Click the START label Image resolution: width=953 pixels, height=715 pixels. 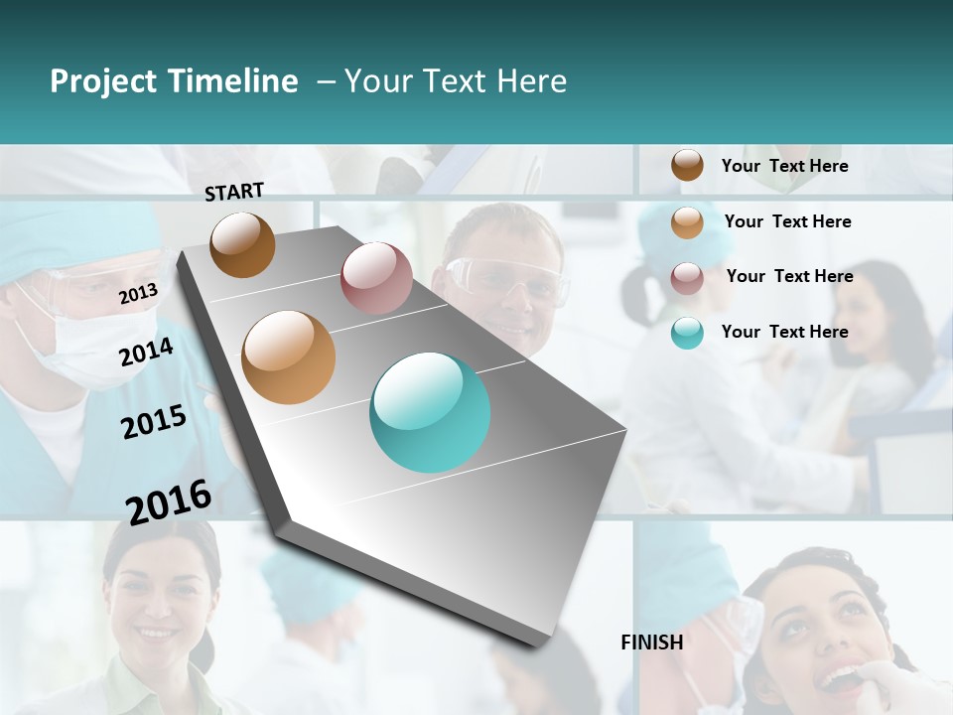pyautogui.click(x=234, y=192)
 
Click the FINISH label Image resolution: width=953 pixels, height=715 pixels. pyautogui.click(x=652, y=643)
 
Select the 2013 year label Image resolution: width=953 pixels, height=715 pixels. pyautogui.click(x=138, y=293)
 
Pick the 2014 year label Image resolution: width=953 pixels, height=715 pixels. pyautogui.click(x=146, y=352)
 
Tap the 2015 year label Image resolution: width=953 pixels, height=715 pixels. pyautogui.click(x=154, y=422)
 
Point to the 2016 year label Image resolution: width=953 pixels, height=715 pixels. pyautogui.click(x=169, y=501)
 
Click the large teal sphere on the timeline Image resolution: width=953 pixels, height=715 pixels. pyautogui.click(x=430, y=412)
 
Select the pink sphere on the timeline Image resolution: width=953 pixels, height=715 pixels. pyautogui.click(x=376, y=278)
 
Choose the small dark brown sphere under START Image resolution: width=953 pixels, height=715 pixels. pyautogui.click(x=242, y=244)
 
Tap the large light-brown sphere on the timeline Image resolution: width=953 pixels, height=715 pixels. pyautogui.click(x=289, y=357)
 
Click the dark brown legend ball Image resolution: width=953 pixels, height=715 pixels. pyautogui.click(x=687, y=165)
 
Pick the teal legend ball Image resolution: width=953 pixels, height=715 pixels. pyautogui.click(x=687, y=333)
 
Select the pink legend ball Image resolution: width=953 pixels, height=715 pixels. pyautogui.click(x=687, y=278)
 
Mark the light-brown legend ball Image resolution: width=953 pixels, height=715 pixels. pyautogui.click(x=687, y=222)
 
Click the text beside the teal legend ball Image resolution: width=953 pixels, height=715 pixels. pyautogui.click(x=784, y=332)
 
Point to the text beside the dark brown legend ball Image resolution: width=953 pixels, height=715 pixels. pyautogui.click(x=784, y=166)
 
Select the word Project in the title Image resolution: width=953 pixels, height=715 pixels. pyautogui.click(x=104, y=81)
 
